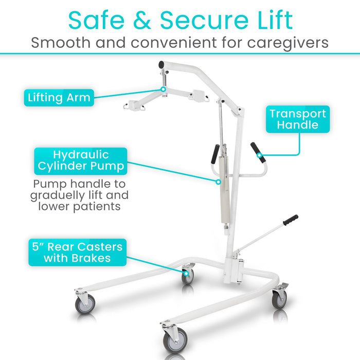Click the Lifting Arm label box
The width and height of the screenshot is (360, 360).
(59, 98)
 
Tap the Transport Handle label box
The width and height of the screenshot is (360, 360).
(298, 119)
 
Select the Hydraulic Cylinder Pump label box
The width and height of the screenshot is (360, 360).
(81, 161)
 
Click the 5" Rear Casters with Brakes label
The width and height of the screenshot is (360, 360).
(77, 253)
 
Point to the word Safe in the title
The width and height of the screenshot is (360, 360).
(97, 20)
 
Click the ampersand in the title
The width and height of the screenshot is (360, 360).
(142, 20)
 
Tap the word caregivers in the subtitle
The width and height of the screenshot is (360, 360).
(287, 43)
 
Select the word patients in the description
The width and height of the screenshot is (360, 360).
(97, 206)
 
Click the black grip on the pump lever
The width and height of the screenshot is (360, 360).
(291, 220)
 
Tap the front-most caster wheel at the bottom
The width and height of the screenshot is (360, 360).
(175, 340)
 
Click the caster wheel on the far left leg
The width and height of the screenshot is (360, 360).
(85, 304)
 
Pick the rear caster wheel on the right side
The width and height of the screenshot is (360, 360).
(279, 299)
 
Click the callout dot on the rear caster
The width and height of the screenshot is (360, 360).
(186, 274)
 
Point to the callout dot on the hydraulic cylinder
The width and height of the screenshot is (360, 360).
(219, 182)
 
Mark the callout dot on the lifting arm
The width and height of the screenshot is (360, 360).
(163, 89)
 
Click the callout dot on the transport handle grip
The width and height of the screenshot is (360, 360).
(259, 155)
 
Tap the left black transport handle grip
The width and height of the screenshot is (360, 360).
(215, 154)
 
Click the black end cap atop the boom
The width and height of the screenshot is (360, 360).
(161, 64)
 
